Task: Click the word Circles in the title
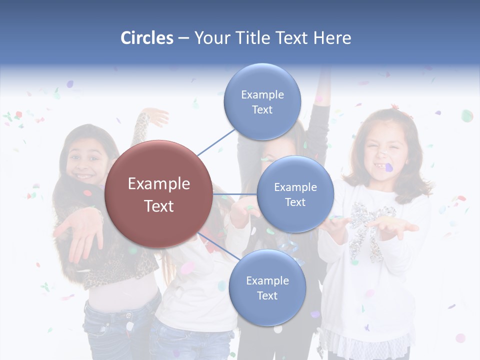(x=146, y=38)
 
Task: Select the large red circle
(x=158, y=194)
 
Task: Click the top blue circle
(x=262, y=101)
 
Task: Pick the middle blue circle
(x=295, y=194)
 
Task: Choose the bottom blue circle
(x=267, y=287)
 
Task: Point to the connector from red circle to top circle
(x=216, y=142)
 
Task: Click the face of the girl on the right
(x=384, y=150)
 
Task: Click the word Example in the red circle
(x=158, y=183)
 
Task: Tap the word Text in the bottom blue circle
(x=267, y=295)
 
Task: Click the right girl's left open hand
(x=397, y=227)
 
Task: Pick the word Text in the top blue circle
(x=262, y=109)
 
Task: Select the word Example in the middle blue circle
(x=295, y=187)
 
